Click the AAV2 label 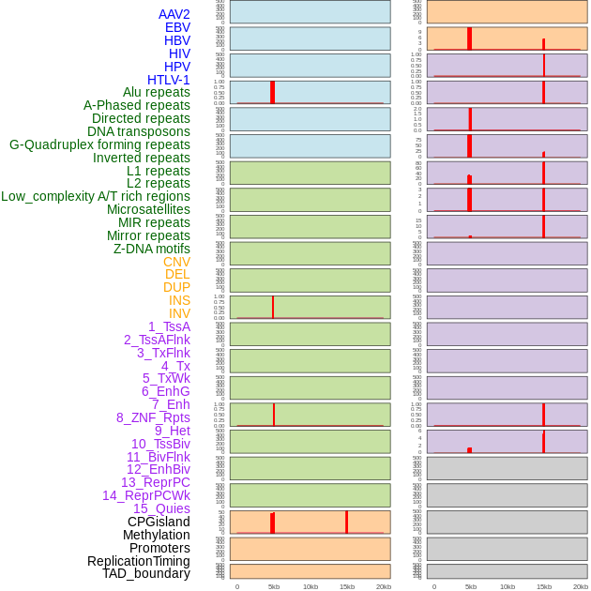click(x=174, y=14)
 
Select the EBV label click(x=177, y=27)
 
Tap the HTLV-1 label click(x=168, y=80)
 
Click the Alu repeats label click(x=156, y=92)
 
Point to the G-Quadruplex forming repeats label click(x=99, y=144)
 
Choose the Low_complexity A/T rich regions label click(x=95, y=196)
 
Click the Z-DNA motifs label click(x=151, y=249)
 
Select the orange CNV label click(x=176, y=262)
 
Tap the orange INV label click(x=179, y=313)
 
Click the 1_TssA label click(x=169, y=326)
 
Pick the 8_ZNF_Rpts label click(x=153, y=417)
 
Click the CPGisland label click(x=159, y=522)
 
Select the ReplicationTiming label click(x=138, y=561)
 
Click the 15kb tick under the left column click(x=346, y=586)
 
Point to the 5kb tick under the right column click(x=470, y=586)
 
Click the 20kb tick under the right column click(x=581, y=586)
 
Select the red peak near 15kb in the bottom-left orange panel click(x=346, y=523)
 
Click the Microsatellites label click(x=148, y=209)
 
